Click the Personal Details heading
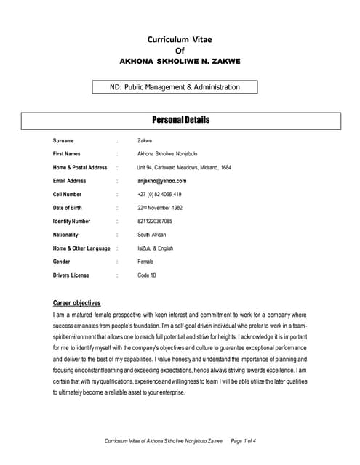click(x=180, y=119)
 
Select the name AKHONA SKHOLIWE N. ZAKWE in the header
click(x=180, y=62)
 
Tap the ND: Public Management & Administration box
click(x=176, y=87)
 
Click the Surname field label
click(x=65, y=140)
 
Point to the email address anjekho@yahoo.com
click(x=162, y=181)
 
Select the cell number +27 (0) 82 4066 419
click(x=159, y=195)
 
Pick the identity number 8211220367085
click(x=155, y=221)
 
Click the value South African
click(x=152, y=235)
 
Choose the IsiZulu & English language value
click(x=156, y=248)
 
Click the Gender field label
click(x=63, y=262)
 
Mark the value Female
click(x=145, y=262)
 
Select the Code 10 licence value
click(x=147, y=275)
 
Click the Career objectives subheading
click(x=77, y=303)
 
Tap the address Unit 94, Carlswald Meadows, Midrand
click(x=184, y=168)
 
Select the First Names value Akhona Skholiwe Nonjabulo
click(x=167, y=154)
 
